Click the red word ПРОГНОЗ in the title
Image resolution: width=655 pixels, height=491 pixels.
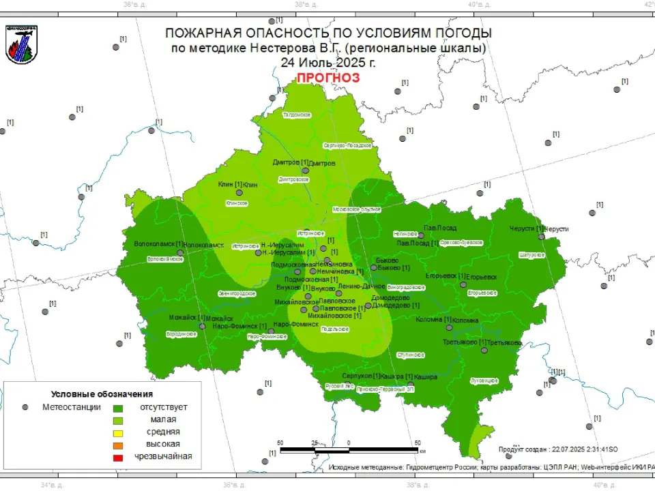click(x=327, y=78)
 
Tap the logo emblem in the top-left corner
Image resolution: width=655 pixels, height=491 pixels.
click(x=21, y=44)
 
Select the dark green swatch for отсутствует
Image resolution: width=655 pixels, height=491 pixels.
click(x=117, y=407)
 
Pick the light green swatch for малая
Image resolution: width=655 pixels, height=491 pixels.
click(x=117, y=419)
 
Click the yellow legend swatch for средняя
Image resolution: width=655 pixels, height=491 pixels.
click(x=117, y=432)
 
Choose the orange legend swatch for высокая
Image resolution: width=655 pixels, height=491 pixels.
click(x=117, y=445)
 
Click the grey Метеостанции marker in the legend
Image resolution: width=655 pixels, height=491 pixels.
click(x=25, y=407)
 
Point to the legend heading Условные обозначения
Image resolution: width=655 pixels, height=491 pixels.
click(x=102, y=394)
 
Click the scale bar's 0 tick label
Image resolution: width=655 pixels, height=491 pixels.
click(x=348, y=443)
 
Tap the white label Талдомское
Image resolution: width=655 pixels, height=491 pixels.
click(x=297, y=115)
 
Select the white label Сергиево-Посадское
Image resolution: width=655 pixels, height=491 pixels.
click(x=347, y=145)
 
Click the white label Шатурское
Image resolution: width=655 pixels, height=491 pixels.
click(x=532, y=254)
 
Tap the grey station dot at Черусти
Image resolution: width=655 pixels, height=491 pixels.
click(x=540, y=237)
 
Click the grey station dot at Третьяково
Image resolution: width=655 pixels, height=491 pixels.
click(x=484, y=350)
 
